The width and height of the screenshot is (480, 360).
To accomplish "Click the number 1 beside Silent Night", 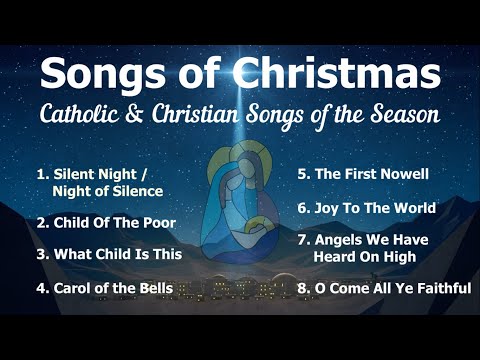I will pyautogui.click(x=40, y=174).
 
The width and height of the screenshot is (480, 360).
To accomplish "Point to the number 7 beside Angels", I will pyautogui.click(x=301, y=241).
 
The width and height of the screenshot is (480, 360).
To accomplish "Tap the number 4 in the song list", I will pyautogui.click(x=41, y=288).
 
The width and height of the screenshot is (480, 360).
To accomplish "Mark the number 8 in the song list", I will pyautogui.click(x=302, y=288).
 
